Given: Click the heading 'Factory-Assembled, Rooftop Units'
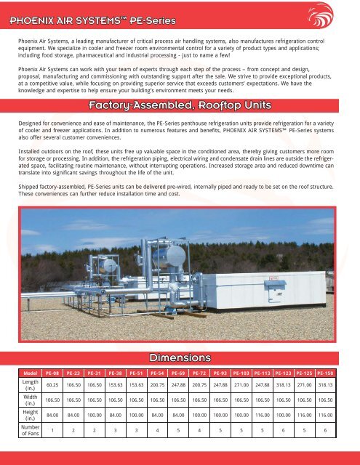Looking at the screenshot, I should tap(179, 108).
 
